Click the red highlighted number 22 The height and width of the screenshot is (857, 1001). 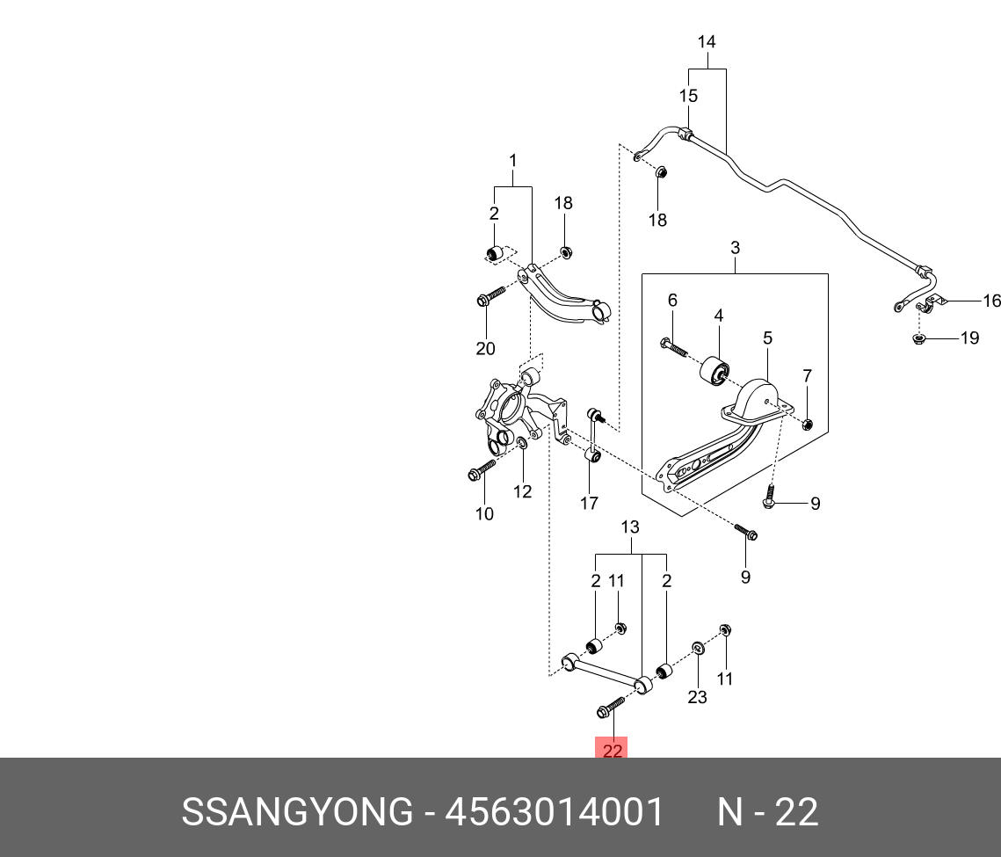tap(612, 750)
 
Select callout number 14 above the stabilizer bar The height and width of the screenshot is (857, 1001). tap(707, 41)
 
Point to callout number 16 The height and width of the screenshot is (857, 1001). tap(991, 301)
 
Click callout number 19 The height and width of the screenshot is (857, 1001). tap(968, 338)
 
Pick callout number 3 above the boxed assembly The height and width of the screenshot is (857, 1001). tap(735, 249)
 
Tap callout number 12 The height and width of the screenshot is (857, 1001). tap(523, 491)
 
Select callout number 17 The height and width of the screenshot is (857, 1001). tap(589, 503)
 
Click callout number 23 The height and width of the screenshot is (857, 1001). tap(697, 698)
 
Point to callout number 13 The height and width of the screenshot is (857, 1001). tap(630, 527)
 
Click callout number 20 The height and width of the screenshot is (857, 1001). tap(485, 349)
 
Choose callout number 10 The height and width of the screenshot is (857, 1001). tap(484, 513)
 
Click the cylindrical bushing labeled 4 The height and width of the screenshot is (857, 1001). tap(714, 370)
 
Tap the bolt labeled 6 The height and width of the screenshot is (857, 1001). tap(675, 346)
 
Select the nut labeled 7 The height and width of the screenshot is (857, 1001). tap(809, 425)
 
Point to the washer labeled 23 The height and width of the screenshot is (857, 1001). tap(697, 650)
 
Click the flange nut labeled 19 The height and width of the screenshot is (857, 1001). tap(918, 338)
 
